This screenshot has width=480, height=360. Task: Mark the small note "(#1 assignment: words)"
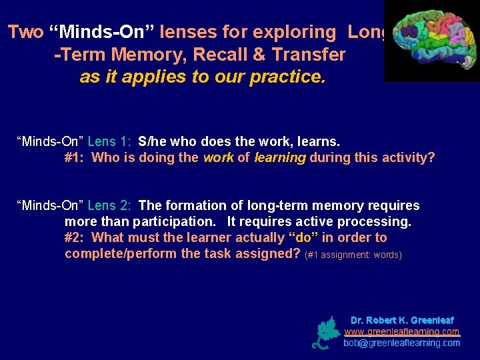click(x=353, y=255)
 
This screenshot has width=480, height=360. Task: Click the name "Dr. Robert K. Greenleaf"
click(x=402, y=320)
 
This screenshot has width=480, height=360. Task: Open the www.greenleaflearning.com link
click(x=402, y=331)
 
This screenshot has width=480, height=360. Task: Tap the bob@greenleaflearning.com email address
click(x=402, y=343)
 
